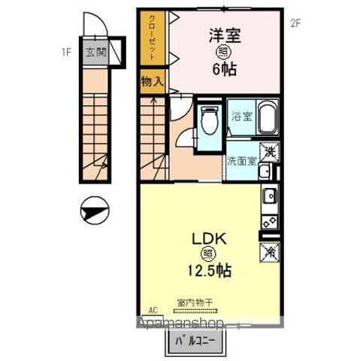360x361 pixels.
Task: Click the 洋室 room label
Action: click(x=223, y=34)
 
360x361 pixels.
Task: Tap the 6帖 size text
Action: click(x=223, y=68)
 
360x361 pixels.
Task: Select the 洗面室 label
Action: click(x=242, y=160)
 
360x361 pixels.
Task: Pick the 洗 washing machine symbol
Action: click(x=269, y=153)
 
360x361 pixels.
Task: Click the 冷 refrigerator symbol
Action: click(x=269, y=252)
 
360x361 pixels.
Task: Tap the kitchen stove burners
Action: click(x=270, y=222)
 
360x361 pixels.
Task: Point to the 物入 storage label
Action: click(x=150, y=81)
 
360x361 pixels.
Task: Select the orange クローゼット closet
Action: click(x=150, y=38)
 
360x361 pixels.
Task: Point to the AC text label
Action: click(x=153, y=310)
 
